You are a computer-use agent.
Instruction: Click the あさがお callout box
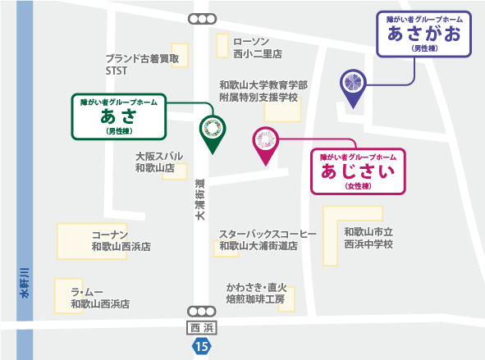click(x=423, y=34)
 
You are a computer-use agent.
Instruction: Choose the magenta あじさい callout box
click(x=358, y=171)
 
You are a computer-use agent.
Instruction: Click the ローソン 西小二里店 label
click(x=257, y=48)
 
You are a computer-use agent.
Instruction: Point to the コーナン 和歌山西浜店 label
click(x=121, y=239)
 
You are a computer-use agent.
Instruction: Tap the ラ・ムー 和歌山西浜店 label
click(x=99, y=298)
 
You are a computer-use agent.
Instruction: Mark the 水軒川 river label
click(x=25, y=283)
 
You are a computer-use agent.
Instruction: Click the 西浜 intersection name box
click(x=200, y=328)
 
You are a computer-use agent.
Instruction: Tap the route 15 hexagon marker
click(x=200, y=347)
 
